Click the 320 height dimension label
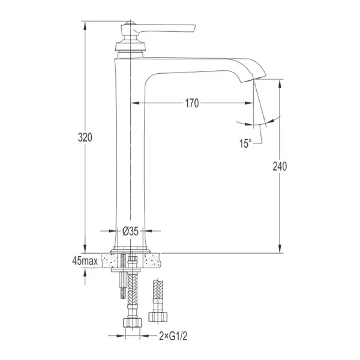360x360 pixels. [x=85, y=137]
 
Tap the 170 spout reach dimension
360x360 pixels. [x=192, y=103]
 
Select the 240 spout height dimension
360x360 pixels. [x=280, y=166]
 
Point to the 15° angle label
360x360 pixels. [x=245, y=143]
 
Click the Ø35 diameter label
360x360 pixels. [x=130, y=231]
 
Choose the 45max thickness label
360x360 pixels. [x=85, y=260]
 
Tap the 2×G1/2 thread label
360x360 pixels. [x=173, y=337]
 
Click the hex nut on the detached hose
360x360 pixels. [x=158, y=317]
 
